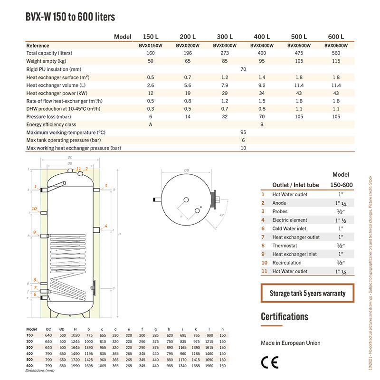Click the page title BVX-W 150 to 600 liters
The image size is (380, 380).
(x=70, y=17)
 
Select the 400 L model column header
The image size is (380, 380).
(x=261, y=37)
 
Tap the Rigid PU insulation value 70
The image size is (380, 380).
(x=243, y=69)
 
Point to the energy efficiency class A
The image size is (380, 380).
(x=150, y=124)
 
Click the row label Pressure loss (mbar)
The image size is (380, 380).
(x=49, y=116)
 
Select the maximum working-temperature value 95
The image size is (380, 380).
(x=243, y=133)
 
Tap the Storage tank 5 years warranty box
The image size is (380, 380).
(x=307, y=293)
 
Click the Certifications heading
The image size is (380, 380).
(x=285, y=317)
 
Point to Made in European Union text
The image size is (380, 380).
(x=291, y=343)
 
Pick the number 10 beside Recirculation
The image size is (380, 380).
(x=264, y=263)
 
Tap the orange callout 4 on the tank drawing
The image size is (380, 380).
(x=106, y=226)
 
